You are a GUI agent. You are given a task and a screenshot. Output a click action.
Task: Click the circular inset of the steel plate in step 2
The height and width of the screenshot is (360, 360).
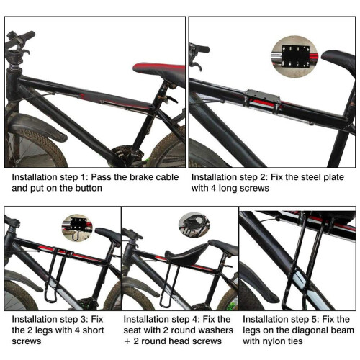[x=295, y=57]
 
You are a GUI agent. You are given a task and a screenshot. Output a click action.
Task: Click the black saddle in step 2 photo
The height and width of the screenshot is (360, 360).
[x=339, y=62]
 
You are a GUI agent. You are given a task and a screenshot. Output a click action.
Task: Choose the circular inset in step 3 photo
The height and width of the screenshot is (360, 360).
[x=77, y=228]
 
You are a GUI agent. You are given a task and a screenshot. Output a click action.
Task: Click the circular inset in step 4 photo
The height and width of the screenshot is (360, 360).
[x=194, y=225]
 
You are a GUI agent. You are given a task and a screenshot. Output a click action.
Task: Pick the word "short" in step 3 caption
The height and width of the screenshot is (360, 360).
[x=93, y=330]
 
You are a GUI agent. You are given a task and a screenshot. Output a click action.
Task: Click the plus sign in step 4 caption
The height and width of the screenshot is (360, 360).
[x=127, y=341]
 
